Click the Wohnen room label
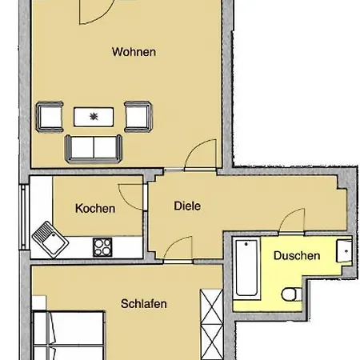tap(134, 53)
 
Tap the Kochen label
tap(95, 209)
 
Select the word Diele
tap(186, 205)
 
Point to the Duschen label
tap(297, 256)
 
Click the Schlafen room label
tap(144, 303)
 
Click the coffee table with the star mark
tap(95, 117)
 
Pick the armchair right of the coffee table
tap(138, 117)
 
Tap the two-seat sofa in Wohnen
tap(94, 147)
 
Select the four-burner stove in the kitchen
tap(103, 246)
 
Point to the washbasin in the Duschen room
tap(344, 250)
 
